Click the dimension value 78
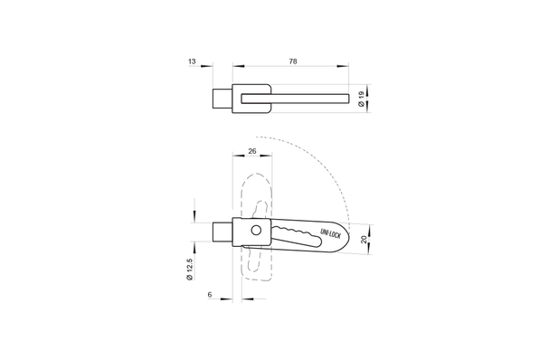click(292, 62)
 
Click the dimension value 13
click(193, 62)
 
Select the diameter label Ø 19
click(362, 100)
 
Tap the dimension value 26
click(251, 152)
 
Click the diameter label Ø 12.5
click(189, 270)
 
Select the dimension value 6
click(209, 294)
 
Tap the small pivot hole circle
click(257, 232)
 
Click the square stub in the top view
click(223, 98)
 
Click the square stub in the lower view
click(223, 232)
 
